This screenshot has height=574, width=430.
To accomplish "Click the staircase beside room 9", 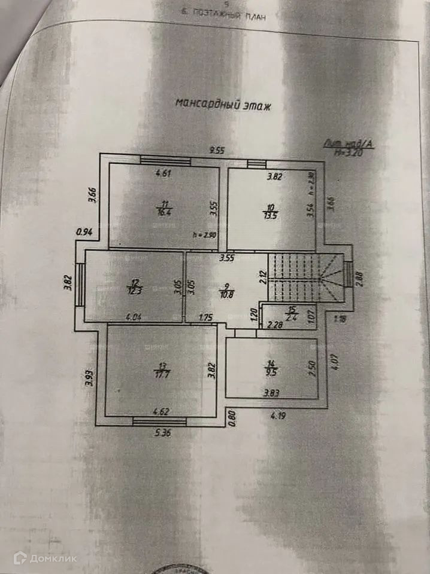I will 304,277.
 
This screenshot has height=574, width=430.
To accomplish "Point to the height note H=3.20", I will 349,152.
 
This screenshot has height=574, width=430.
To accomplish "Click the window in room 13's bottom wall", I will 159,422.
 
